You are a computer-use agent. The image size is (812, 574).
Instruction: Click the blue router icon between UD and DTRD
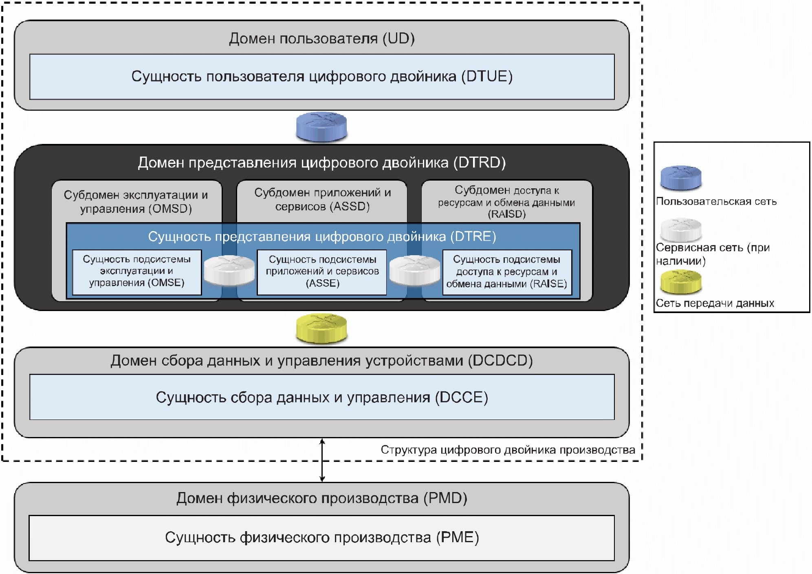coord(321,127)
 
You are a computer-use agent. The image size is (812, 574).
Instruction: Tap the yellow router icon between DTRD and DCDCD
coord(321,328)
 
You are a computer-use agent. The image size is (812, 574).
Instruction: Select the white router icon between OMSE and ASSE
coord(229,270)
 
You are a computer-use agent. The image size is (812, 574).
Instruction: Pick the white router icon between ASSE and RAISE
coord(414,270)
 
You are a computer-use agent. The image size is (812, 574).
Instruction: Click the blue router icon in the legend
coord(681,178)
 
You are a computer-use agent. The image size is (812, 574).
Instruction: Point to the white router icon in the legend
coord(681,230)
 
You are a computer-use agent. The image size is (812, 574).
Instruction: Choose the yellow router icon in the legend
coord(681,282)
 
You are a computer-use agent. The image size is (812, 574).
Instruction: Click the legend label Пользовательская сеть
coord(716,201)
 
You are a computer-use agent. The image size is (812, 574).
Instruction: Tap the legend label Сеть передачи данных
coord(715,303)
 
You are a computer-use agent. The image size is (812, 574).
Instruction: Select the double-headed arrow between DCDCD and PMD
coord(322,460)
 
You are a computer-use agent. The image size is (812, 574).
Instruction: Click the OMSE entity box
coord(137,272)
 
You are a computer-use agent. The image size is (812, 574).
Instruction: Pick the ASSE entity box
coord(322,272)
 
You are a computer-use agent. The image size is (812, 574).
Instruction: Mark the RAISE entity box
coord(507,272)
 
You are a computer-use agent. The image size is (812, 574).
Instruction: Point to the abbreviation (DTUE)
coord(487,77)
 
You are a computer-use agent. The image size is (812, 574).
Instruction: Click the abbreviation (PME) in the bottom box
coord(457,538)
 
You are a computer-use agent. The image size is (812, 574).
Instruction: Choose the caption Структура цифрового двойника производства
coord(508,450)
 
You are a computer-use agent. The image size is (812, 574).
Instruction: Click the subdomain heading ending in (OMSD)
coord(136,202)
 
